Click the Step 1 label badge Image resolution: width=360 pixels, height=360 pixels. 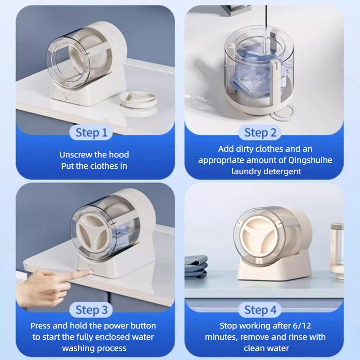[x=91, y=133]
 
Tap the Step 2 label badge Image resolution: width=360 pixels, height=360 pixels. [x=260, y=133]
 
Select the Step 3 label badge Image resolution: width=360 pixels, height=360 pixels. [x=91, y=310]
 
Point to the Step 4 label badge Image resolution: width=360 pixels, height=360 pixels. [x=260, y=310]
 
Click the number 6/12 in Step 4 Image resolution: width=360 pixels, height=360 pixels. [x=302, y=325]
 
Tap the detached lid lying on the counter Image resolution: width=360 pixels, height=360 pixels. [x=139, y=102]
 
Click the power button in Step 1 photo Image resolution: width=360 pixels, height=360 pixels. [x=67, y=98]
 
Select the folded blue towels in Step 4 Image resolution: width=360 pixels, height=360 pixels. [x=196, y=266]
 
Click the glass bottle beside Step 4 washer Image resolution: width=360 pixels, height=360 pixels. [x=337, y=251]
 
